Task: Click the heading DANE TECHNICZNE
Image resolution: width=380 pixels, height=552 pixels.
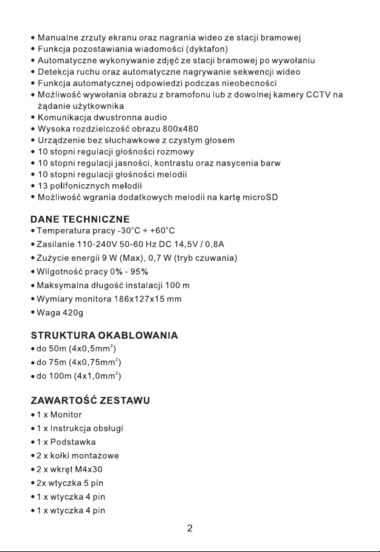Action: [81, 219]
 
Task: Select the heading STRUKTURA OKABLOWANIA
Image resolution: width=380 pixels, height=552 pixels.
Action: [104, 335]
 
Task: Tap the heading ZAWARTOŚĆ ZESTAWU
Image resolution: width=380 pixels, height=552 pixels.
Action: [91, 401]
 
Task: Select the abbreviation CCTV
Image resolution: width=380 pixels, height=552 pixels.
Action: [319, 94]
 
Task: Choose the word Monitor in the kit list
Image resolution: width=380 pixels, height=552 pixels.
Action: [66, 415]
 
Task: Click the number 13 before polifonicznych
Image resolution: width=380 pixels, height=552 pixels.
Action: [43, 186]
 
